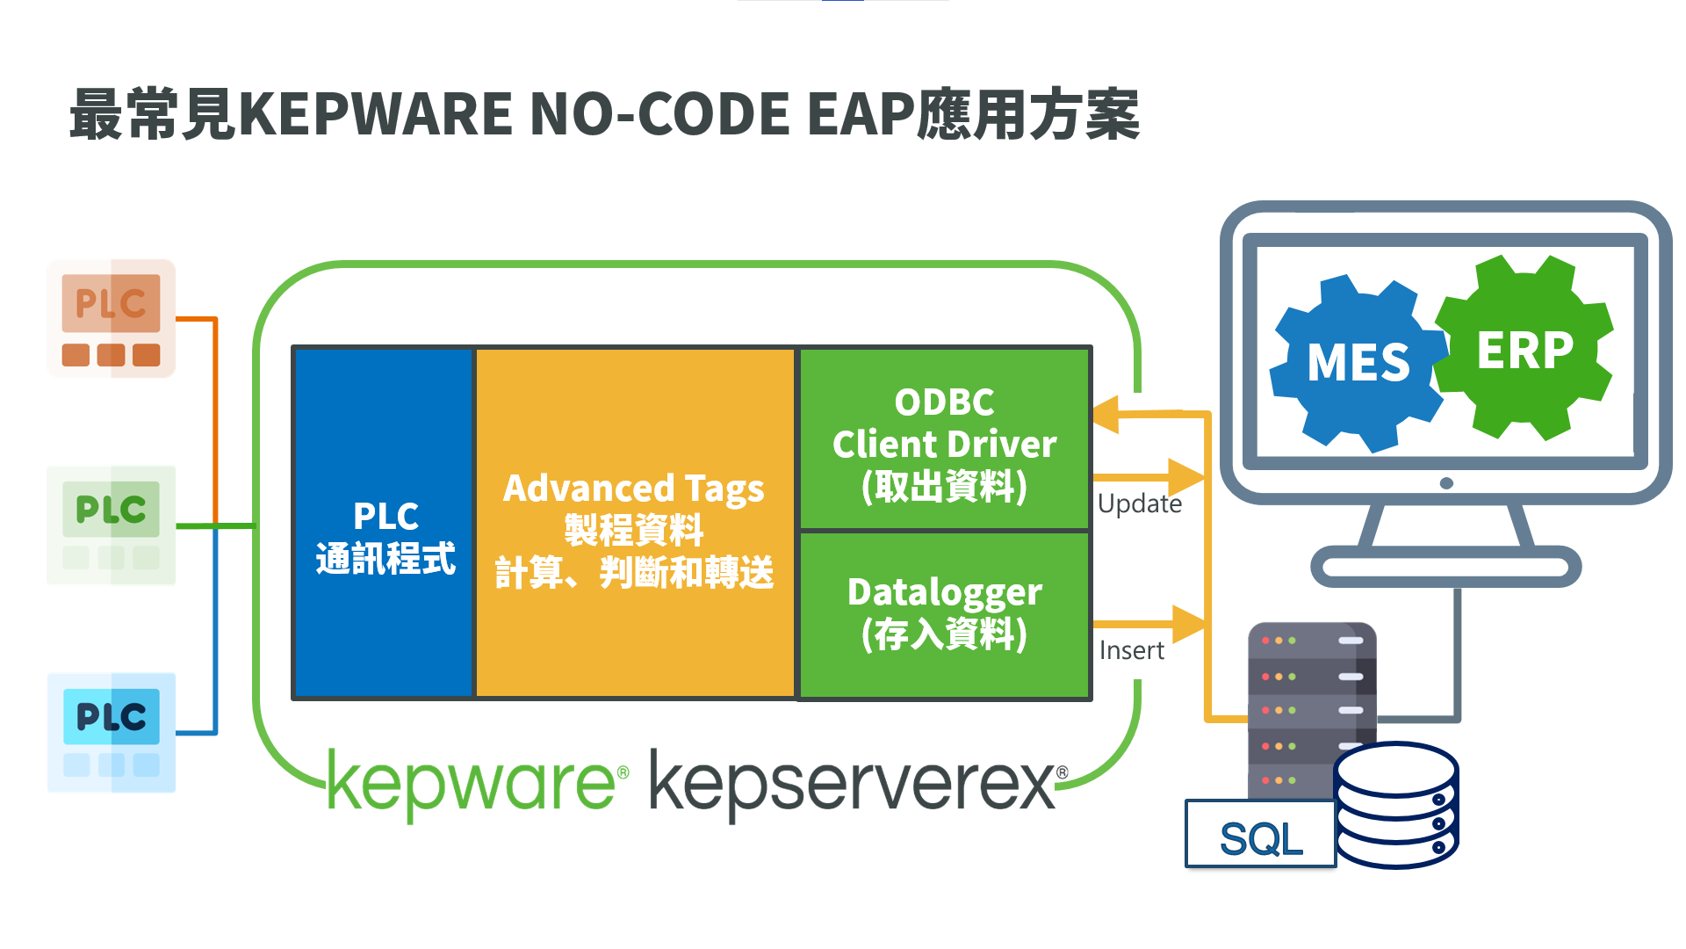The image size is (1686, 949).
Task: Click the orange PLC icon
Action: click(x=111, y=318)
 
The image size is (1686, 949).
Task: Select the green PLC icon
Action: click(x=111, y=525)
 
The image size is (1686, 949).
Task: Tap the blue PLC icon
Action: click(x=111, y=732)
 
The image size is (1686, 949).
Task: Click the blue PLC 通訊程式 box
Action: click(x=385, y=523)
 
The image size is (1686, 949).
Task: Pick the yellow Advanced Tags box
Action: click(x=634, y=523)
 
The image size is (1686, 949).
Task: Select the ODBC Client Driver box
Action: click(x=944, y=439)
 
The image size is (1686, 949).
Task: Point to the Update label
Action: click(x=1139, y=503)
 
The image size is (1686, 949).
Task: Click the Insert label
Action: click(x=1131, y=650)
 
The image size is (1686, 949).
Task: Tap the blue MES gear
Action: click(x=1358, y=362)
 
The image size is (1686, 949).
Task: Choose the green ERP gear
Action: click(x=1525, y=349)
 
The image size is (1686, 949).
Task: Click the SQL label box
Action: click(x=1260, y=836)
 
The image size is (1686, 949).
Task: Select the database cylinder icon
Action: click(x=1395, y=806)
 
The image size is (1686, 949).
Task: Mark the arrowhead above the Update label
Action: click(x=1185, y=477)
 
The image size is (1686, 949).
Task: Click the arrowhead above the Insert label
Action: click(x=1188, y=624)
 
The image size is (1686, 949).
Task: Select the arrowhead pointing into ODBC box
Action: click(x=1106, y=413)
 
